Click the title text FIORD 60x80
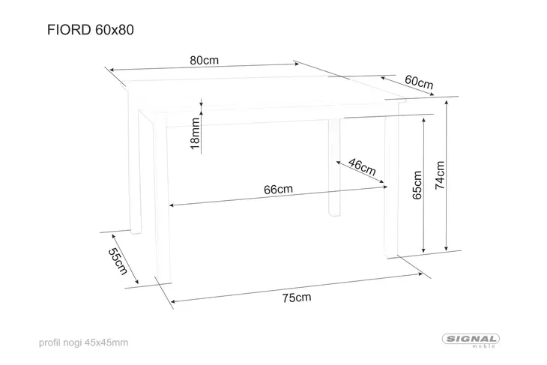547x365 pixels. [91, 30]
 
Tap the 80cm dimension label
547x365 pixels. [205, 61]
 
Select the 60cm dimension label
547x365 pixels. [419, 82]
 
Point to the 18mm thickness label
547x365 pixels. [195, 133]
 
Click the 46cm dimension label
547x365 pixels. [363, 167]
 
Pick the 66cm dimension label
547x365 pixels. [278, 190]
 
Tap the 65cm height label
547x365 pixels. [417, 185]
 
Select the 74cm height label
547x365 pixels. [440, 175]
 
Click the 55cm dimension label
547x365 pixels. [118, 262]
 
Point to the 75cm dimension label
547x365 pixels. [297, 298]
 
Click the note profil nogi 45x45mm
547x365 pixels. [83, 343]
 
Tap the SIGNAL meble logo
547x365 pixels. [471, 340]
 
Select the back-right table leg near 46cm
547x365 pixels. [334, 167]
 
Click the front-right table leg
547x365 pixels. [391, 187]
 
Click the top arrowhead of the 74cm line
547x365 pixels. [446, 103]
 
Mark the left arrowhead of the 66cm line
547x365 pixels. [172, 205]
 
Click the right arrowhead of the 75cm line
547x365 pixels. [420, 274]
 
